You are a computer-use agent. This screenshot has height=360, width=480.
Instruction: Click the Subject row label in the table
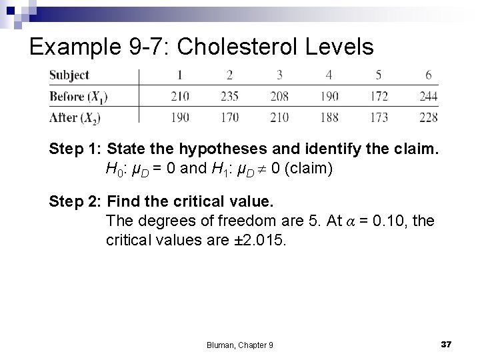point(69,75)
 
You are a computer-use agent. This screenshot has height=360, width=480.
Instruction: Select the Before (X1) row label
point(78,97)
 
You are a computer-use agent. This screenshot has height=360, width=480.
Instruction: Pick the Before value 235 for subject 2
point(229,97)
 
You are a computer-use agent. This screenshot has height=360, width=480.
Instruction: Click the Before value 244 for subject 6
point(429,97)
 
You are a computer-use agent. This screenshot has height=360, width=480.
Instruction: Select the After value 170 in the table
point(229,117)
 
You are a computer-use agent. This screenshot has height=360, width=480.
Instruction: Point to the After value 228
point(429,117)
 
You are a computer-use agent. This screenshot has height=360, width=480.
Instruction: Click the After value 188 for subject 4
point(329,117)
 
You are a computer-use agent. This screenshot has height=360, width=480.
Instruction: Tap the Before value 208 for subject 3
point(279,97)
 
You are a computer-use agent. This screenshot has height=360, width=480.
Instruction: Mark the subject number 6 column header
point(429,75)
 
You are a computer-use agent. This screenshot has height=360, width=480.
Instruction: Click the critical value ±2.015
point(262,239)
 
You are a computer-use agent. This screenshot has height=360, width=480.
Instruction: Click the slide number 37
point(447,343)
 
